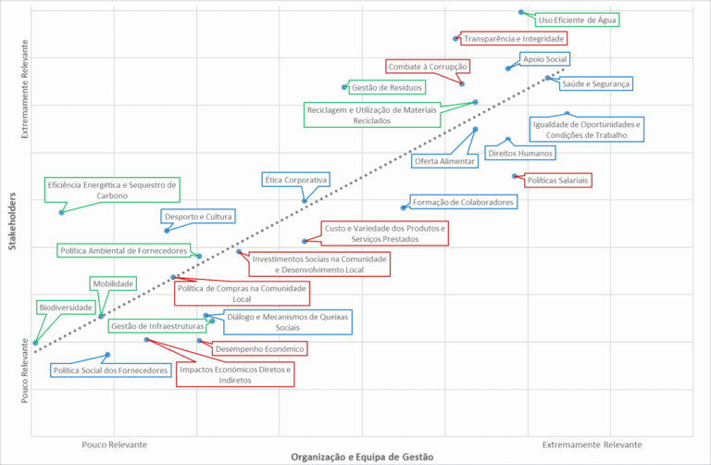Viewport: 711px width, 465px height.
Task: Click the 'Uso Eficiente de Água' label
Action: click(x=578, y=19)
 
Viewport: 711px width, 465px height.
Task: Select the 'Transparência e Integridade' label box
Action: click(x=514, y=39)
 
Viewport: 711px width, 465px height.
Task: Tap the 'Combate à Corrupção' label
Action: click(x=429, y=66)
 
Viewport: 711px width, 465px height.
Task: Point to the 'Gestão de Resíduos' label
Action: click(x=387, y=88)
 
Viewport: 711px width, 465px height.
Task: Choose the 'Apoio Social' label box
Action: click(x=544, y=59)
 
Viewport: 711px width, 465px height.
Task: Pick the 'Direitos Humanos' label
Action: click(x=520, y=153)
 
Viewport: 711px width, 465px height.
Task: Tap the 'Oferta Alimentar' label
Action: click(x=445, y=160)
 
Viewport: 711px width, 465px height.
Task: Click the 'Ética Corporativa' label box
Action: click(x=296, y=179)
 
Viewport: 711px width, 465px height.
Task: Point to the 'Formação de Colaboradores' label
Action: click(x=463, y=201)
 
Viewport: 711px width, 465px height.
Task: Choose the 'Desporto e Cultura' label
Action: click(x=198, y=217)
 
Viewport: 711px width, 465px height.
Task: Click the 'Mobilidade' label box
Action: click(x=114, y=283)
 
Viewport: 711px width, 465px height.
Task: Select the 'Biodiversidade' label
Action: click(x=65, y=307)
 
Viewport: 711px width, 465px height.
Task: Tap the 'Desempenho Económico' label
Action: click(x=259, y=349)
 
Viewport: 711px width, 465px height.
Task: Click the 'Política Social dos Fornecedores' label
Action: click(x=111, y=371)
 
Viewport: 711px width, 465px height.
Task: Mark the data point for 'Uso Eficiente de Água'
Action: click(x=521, y=12)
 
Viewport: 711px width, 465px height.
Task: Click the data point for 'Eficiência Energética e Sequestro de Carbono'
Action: click(x=61, y=212)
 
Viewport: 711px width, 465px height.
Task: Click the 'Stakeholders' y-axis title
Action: click(x=12, y=220)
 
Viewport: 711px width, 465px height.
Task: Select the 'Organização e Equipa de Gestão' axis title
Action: click(x=362, y=457)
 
